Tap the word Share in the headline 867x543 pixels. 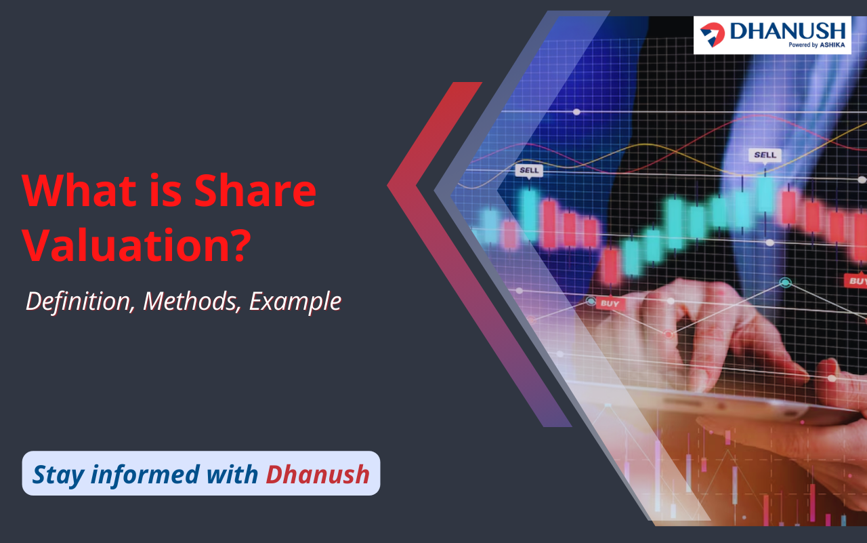coord(255,190)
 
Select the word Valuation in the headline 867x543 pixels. coord(127,245)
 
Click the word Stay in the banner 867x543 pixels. coord(58,475)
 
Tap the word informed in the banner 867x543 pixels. coord(145,474)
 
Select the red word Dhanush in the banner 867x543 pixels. coord(318,474)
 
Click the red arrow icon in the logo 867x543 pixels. coord(712,35)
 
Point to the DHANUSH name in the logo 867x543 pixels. coord(788,31)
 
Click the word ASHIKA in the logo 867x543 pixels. coord(832,45)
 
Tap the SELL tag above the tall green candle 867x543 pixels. coord(529,171)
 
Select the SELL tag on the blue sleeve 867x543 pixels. coord(765,156)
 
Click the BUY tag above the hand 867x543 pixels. coord(610,304)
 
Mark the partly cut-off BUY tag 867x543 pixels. coord(855,281)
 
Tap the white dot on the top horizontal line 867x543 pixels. coord(576,112)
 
